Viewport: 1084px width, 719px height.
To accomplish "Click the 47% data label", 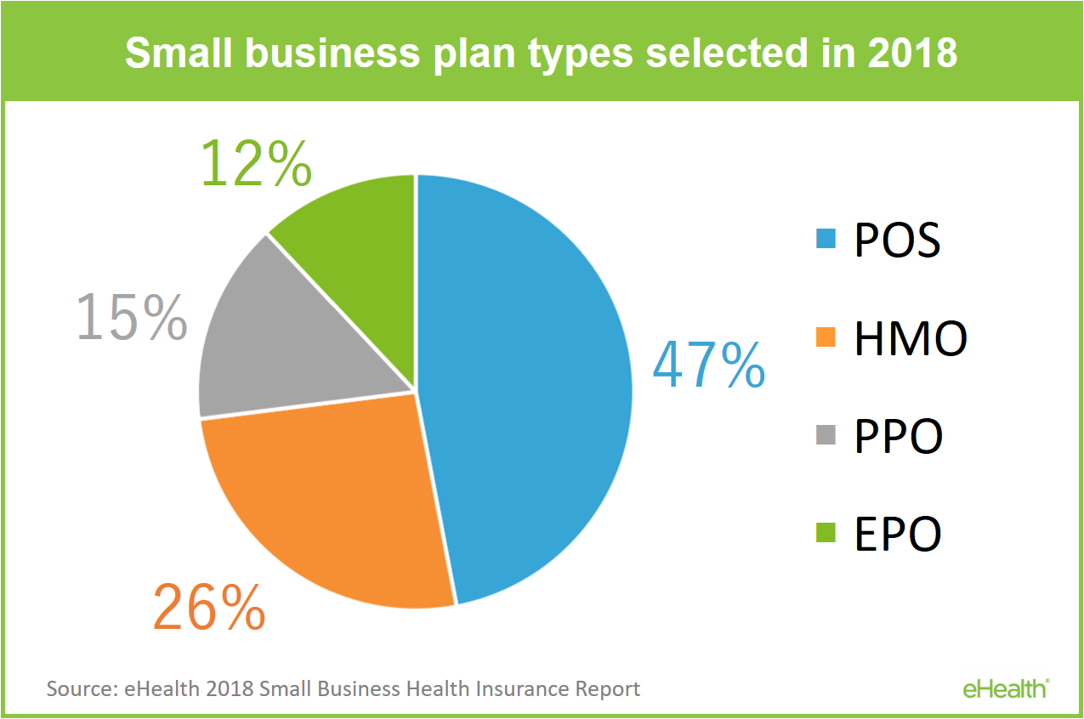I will point(709,365).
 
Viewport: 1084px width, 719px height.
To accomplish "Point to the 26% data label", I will point(209,607).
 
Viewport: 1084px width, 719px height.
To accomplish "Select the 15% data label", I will point(132,317).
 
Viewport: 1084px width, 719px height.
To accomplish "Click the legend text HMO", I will point(911,337).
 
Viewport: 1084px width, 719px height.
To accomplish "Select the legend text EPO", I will point(898,534).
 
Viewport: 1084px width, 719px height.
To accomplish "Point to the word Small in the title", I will point(179,53).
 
